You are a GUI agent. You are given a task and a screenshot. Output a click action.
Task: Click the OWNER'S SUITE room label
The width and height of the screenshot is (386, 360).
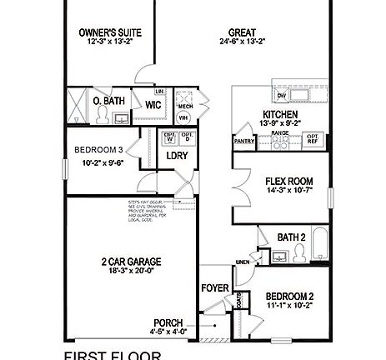[x=109, y=32]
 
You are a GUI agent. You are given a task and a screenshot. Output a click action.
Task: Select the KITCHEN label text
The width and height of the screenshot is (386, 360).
[x=280, y=114]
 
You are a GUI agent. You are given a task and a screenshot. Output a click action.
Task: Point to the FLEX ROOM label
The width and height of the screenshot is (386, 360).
[x=288, y=181]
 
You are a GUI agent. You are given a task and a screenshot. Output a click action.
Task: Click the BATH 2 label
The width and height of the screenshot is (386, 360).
[x=291, y=238]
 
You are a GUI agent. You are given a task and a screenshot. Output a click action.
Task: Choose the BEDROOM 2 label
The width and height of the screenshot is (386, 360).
[x=289, y=297]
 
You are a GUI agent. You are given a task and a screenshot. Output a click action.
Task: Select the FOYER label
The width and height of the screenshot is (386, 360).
[x=215, y=288]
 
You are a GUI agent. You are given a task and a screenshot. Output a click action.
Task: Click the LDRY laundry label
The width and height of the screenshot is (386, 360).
[x=176, y=155]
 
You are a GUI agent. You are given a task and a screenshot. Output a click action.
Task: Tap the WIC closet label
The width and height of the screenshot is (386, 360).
[x=153, y=105]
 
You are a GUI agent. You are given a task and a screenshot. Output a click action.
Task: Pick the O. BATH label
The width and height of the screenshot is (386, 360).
[x=109, y=101]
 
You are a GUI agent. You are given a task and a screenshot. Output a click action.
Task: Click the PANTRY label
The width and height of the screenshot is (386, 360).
[x=244, y=142]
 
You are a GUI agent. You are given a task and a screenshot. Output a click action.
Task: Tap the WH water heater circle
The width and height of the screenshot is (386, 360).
[x=183, y=117]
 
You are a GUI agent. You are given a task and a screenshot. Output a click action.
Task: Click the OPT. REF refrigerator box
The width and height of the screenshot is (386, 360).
[x=313, y=138]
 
